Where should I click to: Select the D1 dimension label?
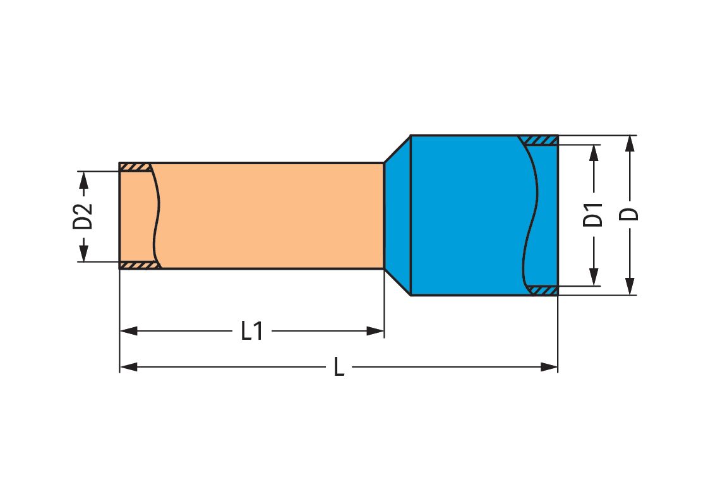pos(593,215)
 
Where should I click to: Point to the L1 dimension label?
pos(252,331)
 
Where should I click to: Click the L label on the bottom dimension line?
pos(339,367)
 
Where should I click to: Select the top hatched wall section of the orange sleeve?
pos(135,167)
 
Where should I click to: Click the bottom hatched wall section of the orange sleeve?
pos(138,265)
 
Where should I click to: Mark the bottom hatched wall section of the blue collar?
pos(542,291)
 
